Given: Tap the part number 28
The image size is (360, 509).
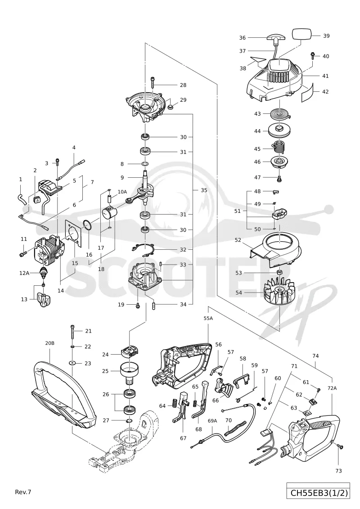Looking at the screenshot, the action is (x=183, y=85).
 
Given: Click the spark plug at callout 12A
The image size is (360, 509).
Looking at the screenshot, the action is (x=42, y=272).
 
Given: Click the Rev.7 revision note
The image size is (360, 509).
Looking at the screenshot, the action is (x=23, y=492).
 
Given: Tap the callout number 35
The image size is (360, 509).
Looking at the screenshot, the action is (x=204, y=190).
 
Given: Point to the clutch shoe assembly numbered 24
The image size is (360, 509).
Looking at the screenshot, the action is (x=130, y=352).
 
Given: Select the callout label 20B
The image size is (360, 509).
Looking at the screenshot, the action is (x=49, y=343).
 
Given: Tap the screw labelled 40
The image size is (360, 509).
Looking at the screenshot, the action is (x=314, y=56).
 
